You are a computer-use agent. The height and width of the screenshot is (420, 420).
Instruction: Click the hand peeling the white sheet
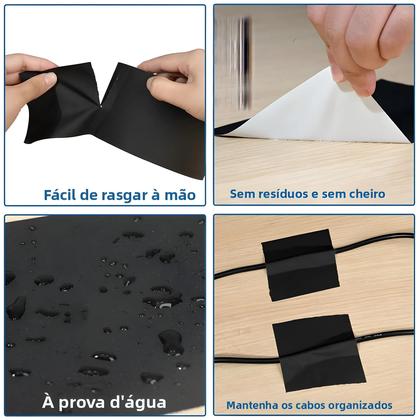[x=360, y=40]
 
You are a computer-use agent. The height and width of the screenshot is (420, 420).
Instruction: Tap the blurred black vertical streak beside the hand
[x=241, y=50]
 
